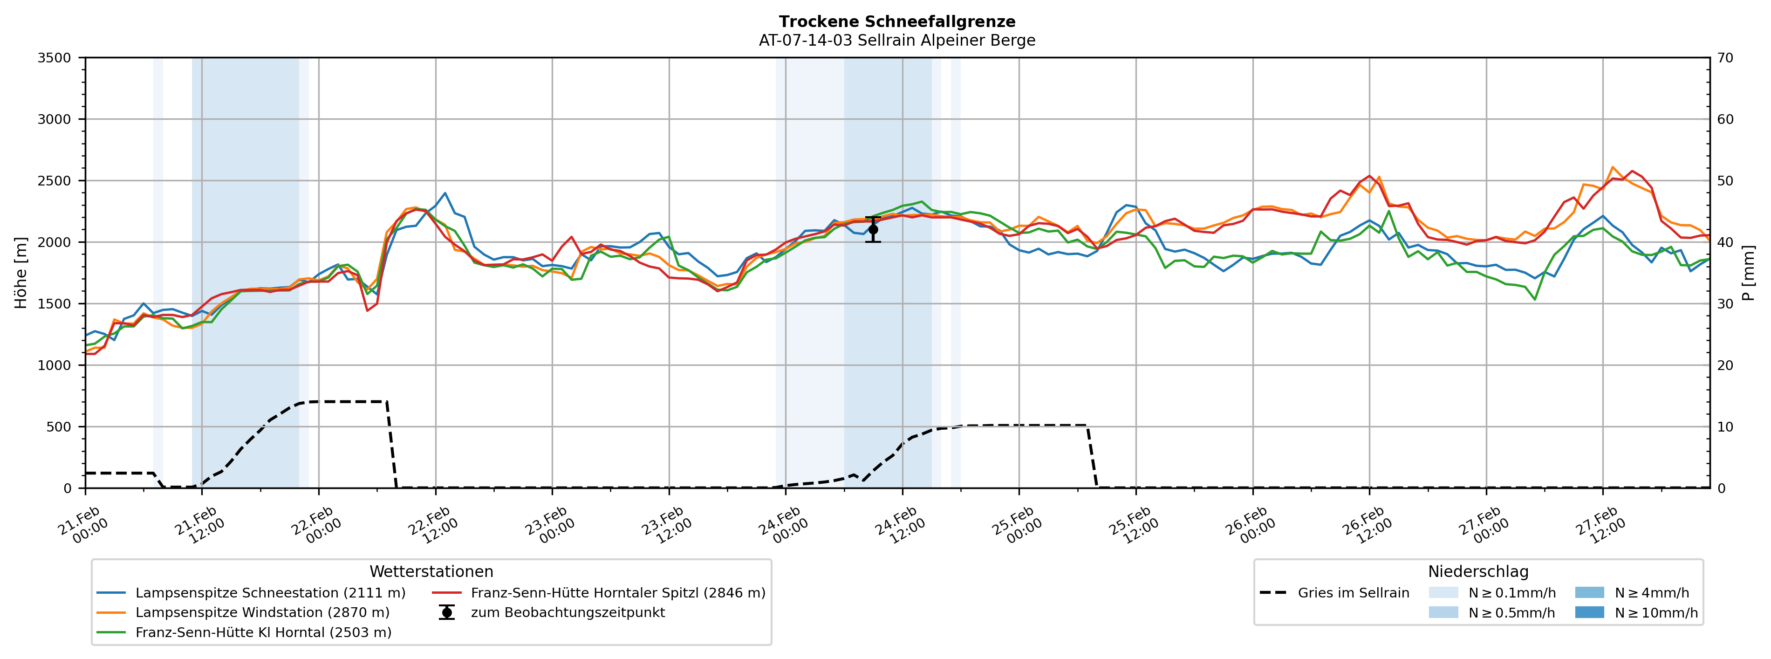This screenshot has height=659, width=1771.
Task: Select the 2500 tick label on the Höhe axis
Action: tap(55, 181)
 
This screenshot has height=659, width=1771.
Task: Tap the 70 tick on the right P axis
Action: tap(1725, 58)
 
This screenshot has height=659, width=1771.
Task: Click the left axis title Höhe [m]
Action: tap(21, 273)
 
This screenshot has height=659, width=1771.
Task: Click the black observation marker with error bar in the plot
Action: tap(873, 230)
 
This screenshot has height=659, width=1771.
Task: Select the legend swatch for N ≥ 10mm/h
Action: tap(1589, 613)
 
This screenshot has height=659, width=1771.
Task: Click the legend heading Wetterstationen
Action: tap(431, 572)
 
